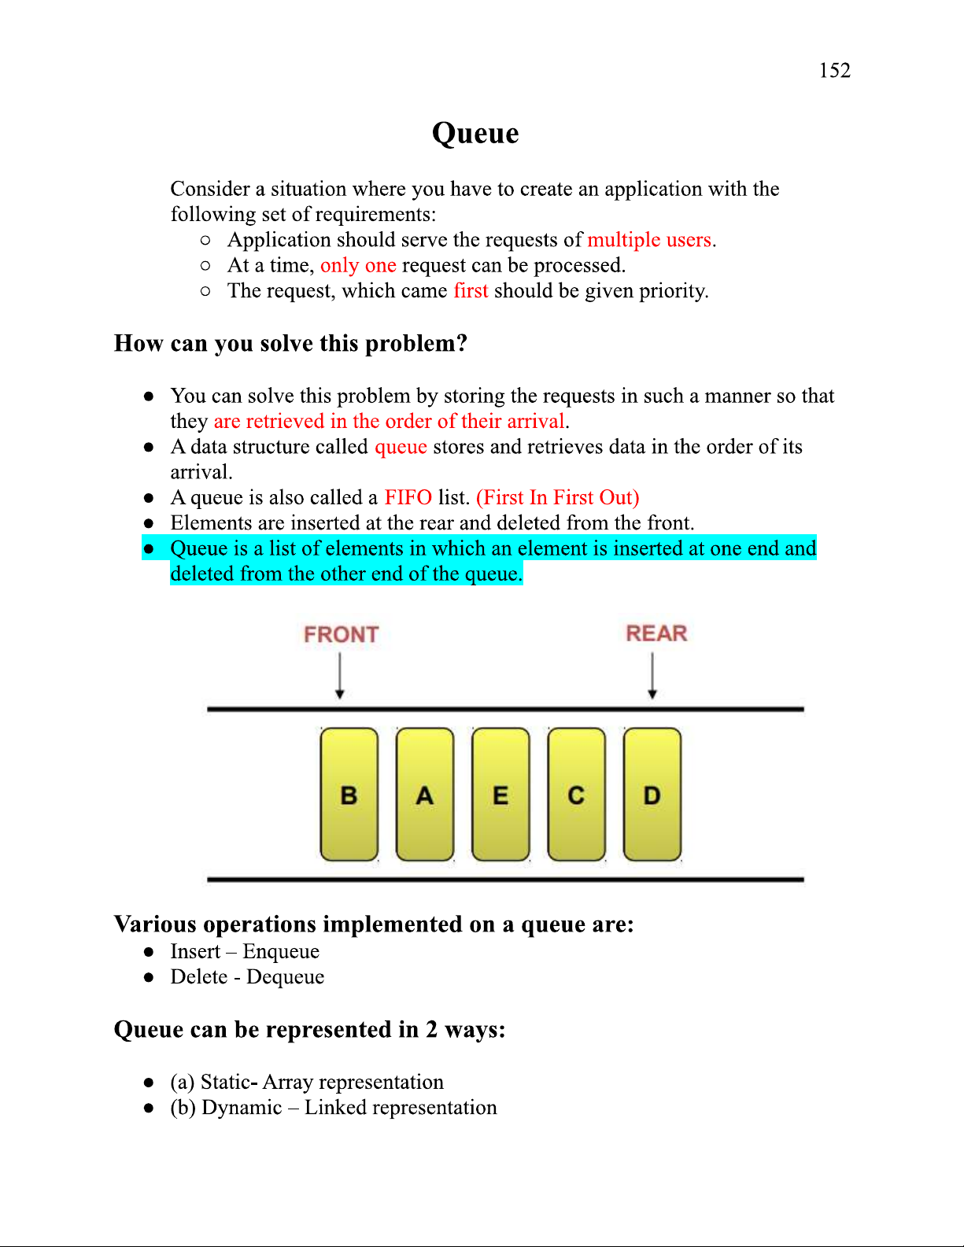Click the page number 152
[x=834, y=71]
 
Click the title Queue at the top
[x=475, y=133]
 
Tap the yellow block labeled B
[x=349, y=795]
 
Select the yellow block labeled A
[x=425, y=795]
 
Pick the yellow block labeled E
[x=500, y=795]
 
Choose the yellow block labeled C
[x=576, y=795]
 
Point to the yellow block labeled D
[x=652, y=795]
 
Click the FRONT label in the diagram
[x=341, y=634]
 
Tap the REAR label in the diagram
[x=656, y=633]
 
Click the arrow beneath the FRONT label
[x=340, y=676]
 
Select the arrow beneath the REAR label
[x=652, y=676]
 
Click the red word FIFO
[x=408, y=497]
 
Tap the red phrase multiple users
[x=649, y=239]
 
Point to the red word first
[x=471, y=290]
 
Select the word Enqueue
[x=281, y=951]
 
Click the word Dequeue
[x=285, y=976]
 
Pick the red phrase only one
[x=358, y=265]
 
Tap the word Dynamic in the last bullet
[x=242, y=1107]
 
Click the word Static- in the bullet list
[x=229, y=1082]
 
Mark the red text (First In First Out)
[x=557, y=497]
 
